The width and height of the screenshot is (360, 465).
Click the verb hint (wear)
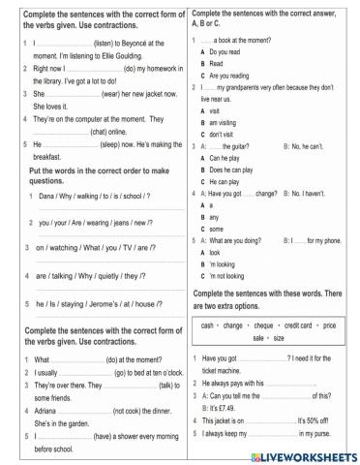click(111, 95)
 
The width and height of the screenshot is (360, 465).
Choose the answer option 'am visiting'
click(224, 123)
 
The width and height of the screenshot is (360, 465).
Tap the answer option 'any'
click(216, 216)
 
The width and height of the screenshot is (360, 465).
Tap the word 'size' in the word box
click(280, 338)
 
